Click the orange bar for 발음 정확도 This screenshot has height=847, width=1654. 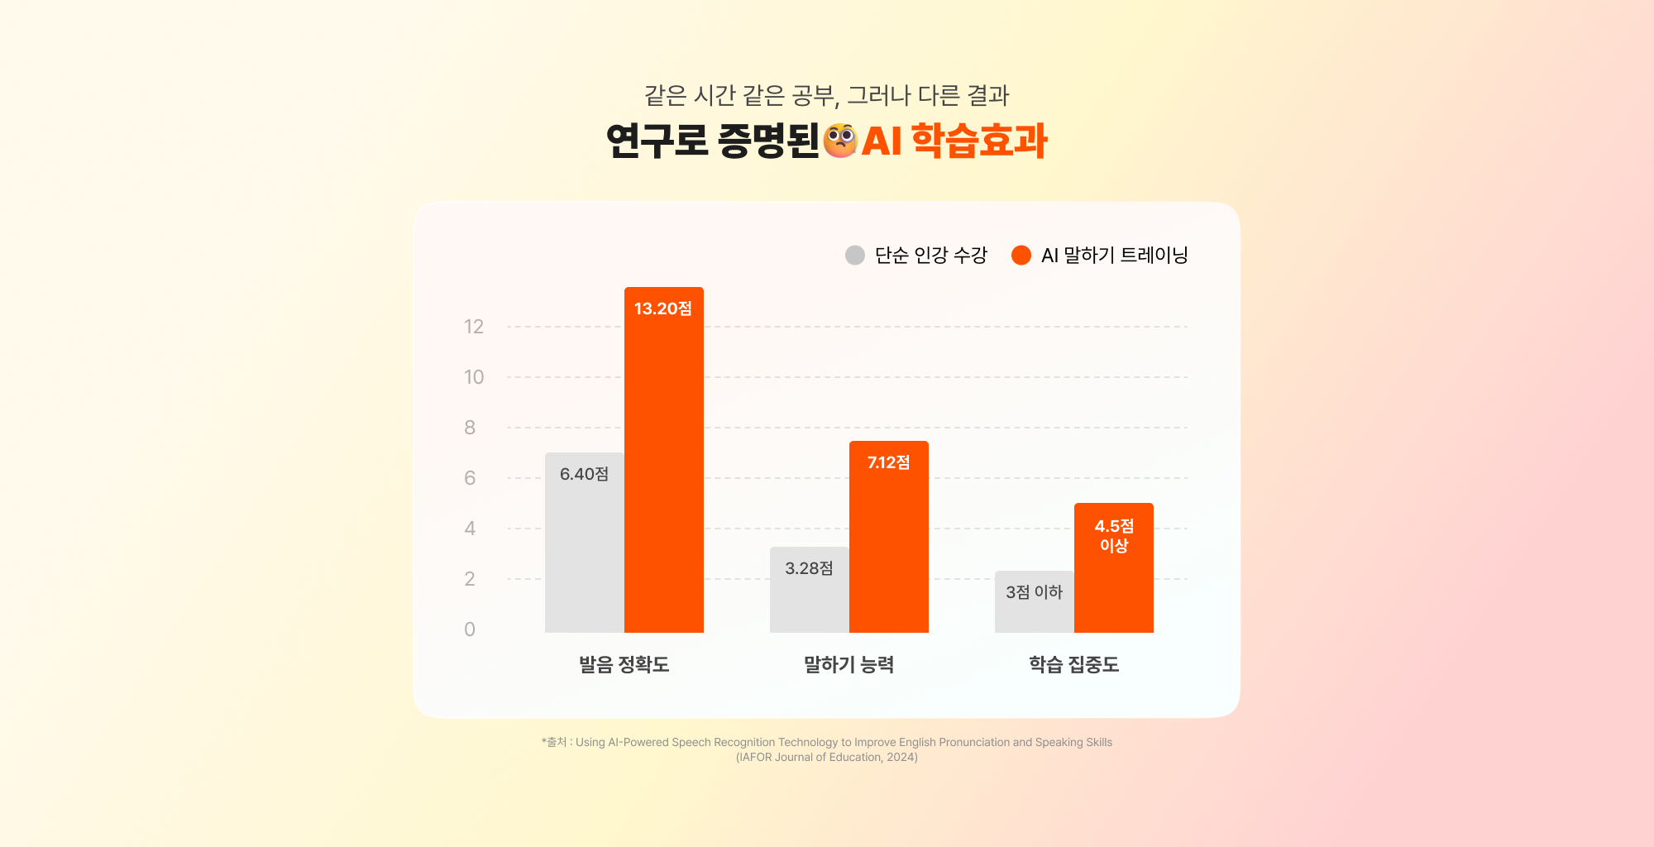pyautogui.click(x=663, y=463)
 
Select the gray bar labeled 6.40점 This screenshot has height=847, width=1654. pyautogui.click(x=584, y=546)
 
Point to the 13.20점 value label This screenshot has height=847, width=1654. pyautogui.click(x=663, y=309)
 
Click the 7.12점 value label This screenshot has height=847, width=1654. pyautogui.click(x=888, y=462)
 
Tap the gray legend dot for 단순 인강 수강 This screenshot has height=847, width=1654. pyautogui.click(x=855, y=255)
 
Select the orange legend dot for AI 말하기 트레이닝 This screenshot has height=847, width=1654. pyautogui.click(x=1021, y=255)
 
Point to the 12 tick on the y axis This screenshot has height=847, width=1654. pyautogui.click(x=474, y=327)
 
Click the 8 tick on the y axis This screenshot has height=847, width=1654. pyautogui.click(x=470, y=428)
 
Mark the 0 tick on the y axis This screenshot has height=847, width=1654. pyautogui.click(x=470, y=629)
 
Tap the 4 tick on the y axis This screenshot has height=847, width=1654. pyautogui.click(x=470, y=529)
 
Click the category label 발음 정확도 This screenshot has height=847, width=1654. pyautogui.click(x=624, y=664)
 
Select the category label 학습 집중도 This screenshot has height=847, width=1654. pyautogui.click(x=1073, y=664)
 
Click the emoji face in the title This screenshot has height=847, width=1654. pyautogui.click(x=840, y=141)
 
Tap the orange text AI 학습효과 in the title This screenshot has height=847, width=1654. pyautogui.click(x=955, y=141)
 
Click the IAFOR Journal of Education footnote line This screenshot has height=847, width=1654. pyautogui.click(x=827, y=757)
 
